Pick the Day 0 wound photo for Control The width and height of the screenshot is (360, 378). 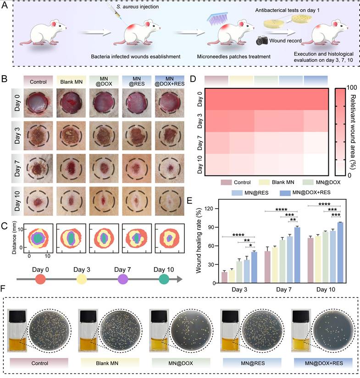(x=38, y=104)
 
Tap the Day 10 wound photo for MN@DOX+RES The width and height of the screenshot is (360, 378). (x=170, y=201)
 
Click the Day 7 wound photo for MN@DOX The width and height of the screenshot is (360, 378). (x=104, y=168)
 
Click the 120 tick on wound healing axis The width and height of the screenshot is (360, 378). (x=211, y=209)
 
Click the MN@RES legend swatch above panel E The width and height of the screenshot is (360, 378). (x=238, y=193)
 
